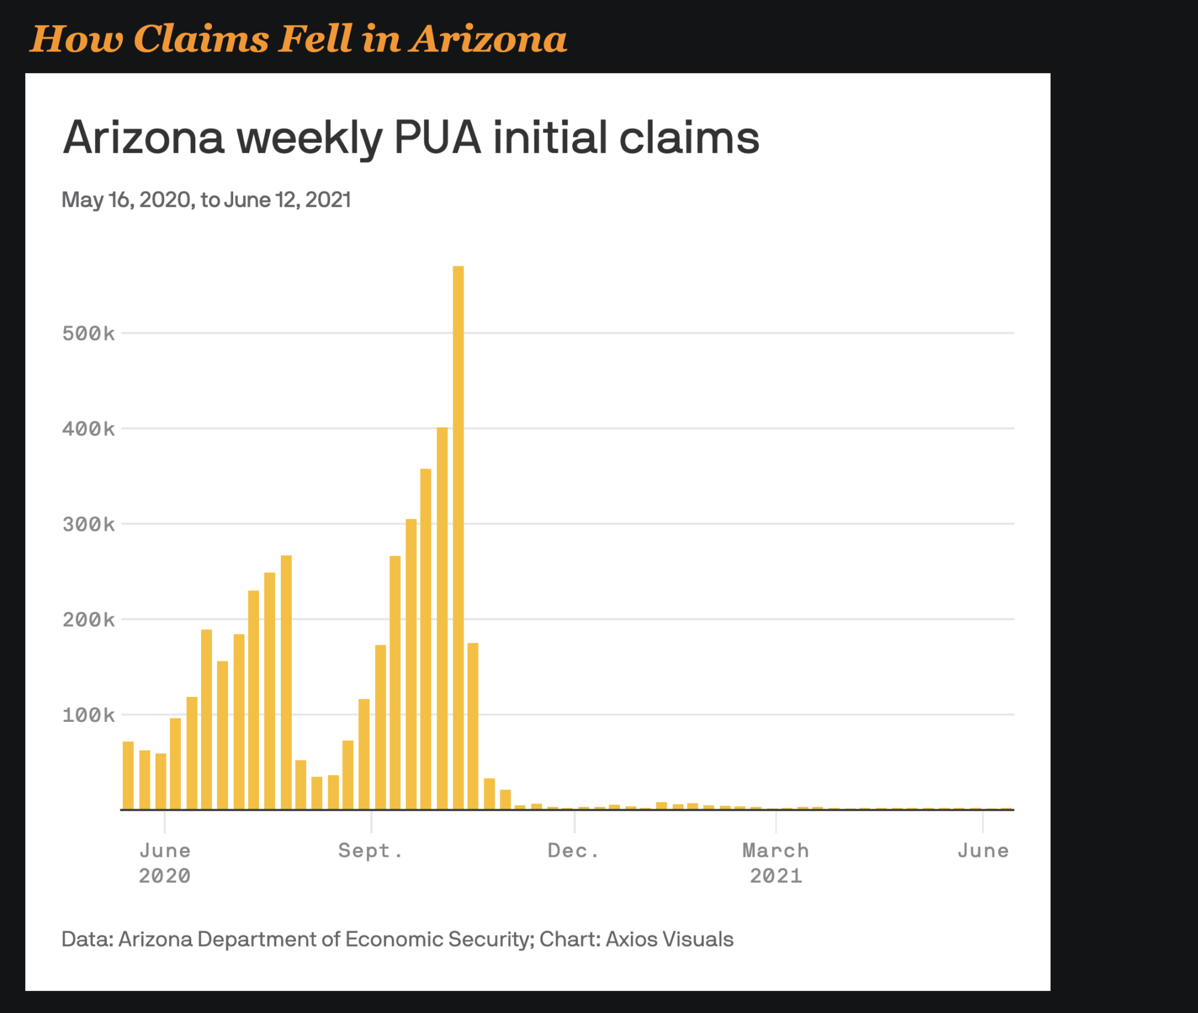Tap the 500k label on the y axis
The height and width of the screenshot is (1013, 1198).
click(x=88, y=334)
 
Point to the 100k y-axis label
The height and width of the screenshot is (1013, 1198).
click(x=88, y=715)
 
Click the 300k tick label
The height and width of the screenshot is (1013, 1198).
click(x=88, y=525)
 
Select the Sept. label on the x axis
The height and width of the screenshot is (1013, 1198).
click(x=371, y=851)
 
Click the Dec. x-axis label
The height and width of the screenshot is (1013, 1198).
click(x=573, y=851)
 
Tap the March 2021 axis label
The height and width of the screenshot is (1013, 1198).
click(x=776, y=863)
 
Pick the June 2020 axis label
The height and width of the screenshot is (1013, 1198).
click(x=165, y=863)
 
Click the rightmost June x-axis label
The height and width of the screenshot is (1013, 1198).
click(x=983, y=851)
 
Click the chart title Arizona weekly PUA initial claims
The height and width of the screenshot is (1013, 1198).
click(x=411, y=138)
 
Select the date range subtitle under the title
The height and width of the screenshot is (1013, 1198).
click(x=206, y=200)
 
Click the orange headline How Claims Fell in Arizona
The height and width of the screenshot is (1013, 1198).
click(x=298, y=39)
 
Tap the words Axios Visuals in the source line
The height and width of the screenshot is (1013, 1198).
click(x=669, y=939)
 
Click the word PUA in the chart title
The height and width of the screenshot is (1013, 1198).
click(x=438, y=138)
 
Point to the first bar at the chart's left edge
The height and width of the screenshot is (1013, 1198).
click(x=128, y=776)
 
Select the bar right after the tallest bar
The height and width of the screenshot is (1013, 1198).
click(x=473, y=726)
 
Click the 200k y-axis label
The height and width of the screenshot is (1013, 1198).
click(x=88, y=620)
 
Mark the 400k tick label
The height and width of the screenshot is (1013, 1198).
click(x=88, y=429)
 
